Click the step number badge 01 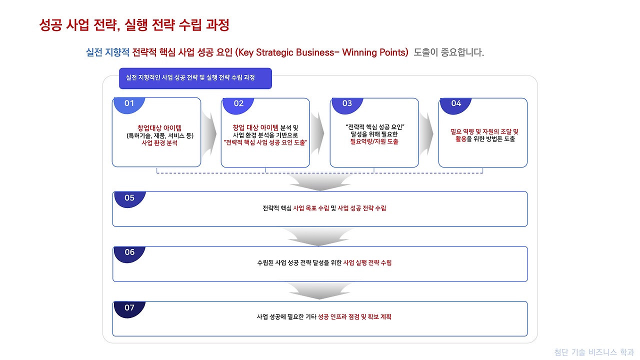point(129,103)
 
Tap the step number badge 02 point(238,103)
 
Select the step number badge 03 point(347,103)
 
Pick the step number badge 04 point(456,103)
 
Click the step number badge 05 point(129,198)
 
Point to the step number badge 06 point(129,252)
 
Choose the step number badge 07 point(129,308)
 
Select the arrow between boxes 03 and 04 point(428,133)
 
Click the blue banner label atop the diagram point(195,78)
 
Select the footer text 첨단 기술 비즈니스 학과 point(594,352)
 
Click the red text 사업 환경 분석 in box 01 point(159,143)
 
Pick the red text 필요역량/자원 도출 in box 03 point(374,141)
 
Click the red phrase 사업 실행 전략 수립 point(367,262)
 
